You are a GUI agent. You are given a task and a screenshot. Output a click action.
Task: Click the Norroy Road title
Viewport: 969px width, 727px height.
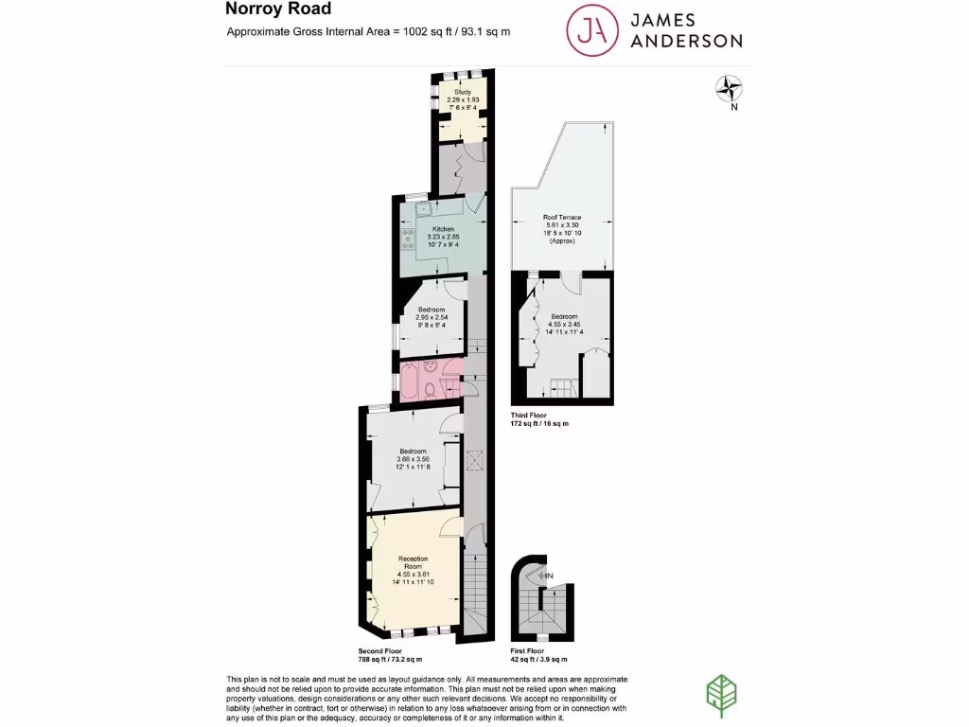coord(278,9)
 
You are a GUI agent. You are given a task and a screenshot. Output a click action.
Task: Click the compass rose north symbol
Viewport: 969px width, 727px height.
coord(729,90)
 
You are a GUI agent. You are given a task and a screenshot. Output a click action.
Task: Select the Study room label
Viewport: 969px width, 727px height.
coord(463,92)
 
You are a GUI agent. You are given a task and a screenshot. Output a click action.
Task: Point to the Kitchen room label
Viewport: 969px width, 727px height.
coord(444,229)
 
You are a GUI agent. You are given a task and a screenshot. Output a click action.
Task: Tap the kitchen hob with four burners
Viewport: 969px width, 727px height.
coord(410,239)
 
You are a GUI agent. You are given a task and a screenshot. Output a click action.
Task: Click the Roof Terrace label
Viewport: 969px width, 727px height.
coord(562,217)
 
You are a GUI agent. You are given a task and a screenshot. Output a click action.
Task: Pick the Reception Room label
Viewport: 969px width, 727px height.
coord(414,562)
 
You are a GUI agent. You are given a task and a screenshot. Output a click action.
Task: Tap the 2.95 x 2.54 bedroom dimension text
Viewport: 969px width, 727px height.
coord(432,317)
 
